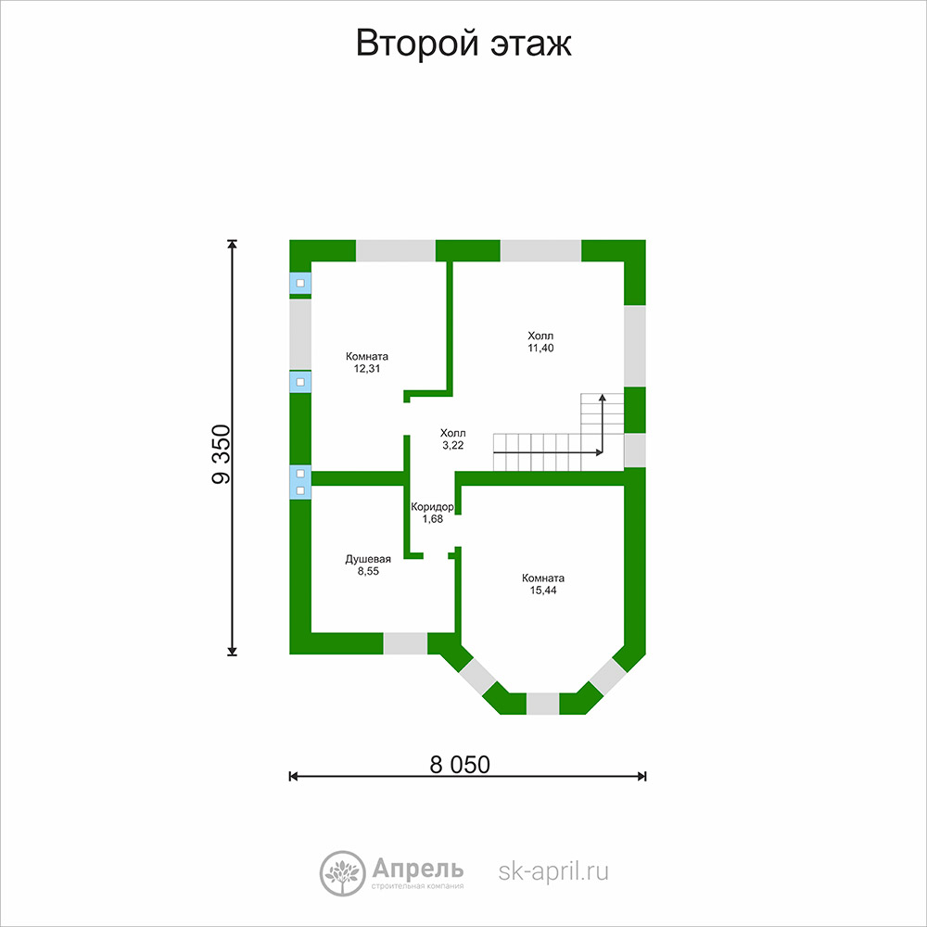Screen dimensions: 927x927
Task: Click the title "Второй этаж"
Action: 463,44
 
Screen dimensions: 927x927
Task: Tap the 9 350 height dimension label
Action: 222,454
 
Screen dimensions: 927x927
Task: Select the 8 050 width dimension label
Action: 460,765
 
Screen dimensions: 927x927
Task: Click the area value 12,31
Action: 367,368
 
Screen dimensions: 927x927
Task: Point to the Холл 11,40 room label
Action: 541,342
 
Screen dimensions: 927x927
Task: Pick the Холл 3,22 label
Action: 453,439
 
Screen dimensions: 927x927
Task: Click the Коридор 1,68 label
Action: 432,513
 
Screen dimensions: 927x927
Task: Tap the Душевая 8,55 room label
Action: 368,565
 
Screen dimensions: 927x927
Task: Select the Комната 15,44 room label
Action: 543,584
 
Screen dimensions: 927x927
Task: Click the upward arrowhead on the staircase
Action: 603,398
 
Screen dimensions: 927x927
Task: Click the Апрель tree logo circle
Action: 342,873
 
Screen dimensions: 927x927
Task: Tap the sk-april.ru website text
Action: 553,870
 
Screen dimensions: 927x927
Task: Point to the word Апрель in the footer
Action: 417,870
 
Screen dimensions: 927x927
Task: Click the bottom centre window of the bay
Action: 542,704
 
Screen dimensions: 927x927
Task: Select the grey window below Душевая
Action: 406,643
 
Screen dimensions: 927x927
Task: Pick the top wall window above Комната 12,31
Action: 396,250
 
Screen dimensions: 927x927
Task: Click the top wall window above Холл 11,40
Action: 541,250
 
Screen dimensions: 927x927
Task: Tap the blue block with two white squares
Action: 300,482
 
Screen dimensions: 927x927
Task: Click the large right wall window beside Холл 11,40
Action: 635,346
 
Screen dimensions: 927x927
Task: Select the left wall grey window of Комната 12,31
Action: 300,335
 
